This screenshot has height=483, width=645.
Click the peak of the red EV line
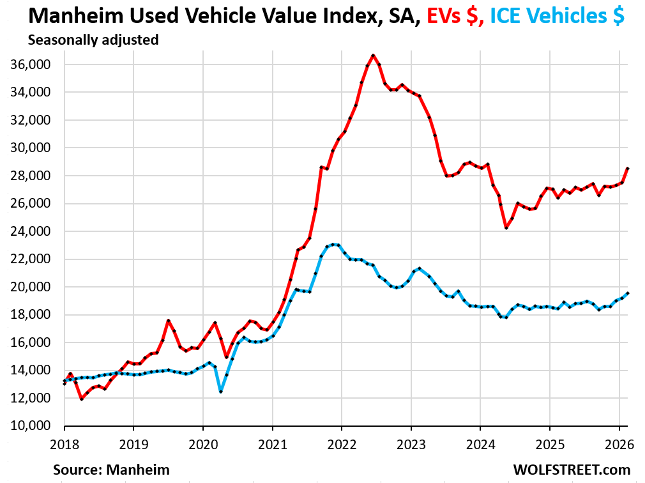point(373,56)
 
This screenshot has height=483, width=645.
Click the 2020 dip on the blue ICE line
point(221,391)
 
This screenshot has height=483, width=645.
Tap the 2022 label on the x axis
point(341,442)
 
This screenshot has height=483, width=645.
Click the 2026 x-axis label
point(618,442)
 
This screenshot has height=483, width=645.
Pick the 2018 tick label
point(64,442)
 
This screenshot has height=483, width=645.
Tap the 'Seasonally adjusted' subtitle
point(93,40)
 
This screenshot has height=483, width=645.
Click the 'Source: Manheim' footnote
point(112,470)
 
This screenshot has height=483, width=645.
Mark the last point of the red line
point(628,169)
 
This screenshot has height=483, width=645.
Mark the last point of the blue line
point(628,293)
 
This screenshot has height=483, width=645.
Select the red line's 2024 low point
point(506,227)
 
